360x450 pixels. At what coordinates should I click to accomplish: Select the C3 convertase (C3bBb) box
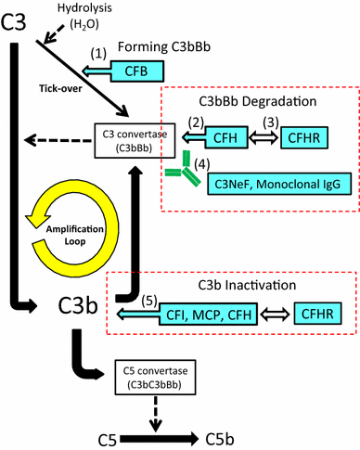click(x=130, y=141)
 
